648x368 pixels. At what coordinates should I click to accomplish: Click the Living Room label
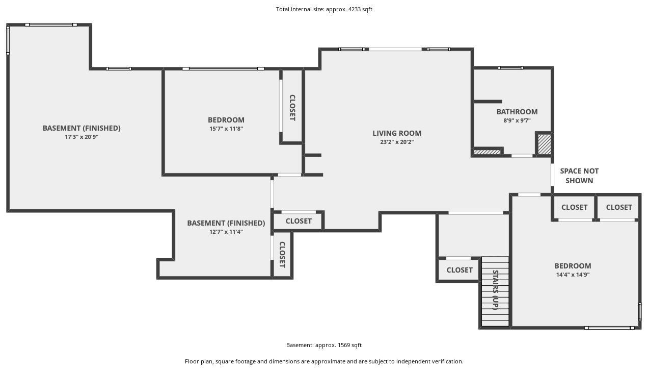point(397,133)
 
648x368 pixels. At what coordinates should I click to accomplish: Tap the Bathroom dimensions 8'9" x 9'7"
point(517,120)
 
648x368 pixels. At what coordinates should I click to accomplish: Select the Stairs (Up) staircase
point(495,291)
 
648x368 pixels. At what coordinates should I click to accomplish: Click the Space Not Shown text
point(579,176)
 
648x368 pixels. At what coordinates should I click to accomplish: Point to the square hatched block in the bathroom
point(545,144)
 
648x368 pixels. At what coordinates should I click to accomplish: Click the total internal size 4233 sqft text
point(324,9)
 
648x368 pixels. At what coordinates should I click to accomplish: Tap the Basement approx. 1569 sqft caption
point(323,345)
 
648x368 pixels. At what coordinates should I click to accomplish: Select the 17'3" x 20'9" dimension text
point(82,137)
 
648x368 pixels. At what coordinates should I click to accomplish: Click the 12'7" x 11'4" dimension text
point(226,232)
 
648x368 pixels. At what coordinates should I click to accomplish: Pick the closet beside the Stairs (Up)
point(460,270)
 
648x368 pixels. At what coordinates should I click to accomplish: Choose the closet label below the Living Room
point(299,221)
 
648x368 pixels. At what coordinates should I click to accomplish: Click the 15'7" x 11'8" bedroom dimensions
point(226,129)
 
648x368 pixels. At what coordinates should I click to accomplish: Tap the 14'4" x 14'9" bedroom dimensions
point(573,275)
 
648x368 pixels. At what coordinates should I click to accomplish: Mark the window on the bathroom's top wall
point(510,68)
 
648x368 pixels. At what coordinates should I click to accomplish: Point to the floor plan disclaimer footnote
point(324,362)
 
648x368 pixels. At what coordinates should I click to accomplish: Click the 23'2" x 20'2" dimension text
point(397,142)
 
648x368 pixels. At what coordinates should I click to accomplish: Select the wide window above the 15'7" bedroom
point(223,69)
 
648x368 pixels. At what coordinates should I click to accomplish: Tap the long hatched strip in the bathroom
point(487,152)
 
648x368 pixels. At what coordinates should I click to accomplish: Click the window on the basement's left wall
point(8,40)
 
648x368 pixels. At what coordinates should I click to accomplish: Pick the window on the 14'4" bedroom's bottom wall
point(609,328)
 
